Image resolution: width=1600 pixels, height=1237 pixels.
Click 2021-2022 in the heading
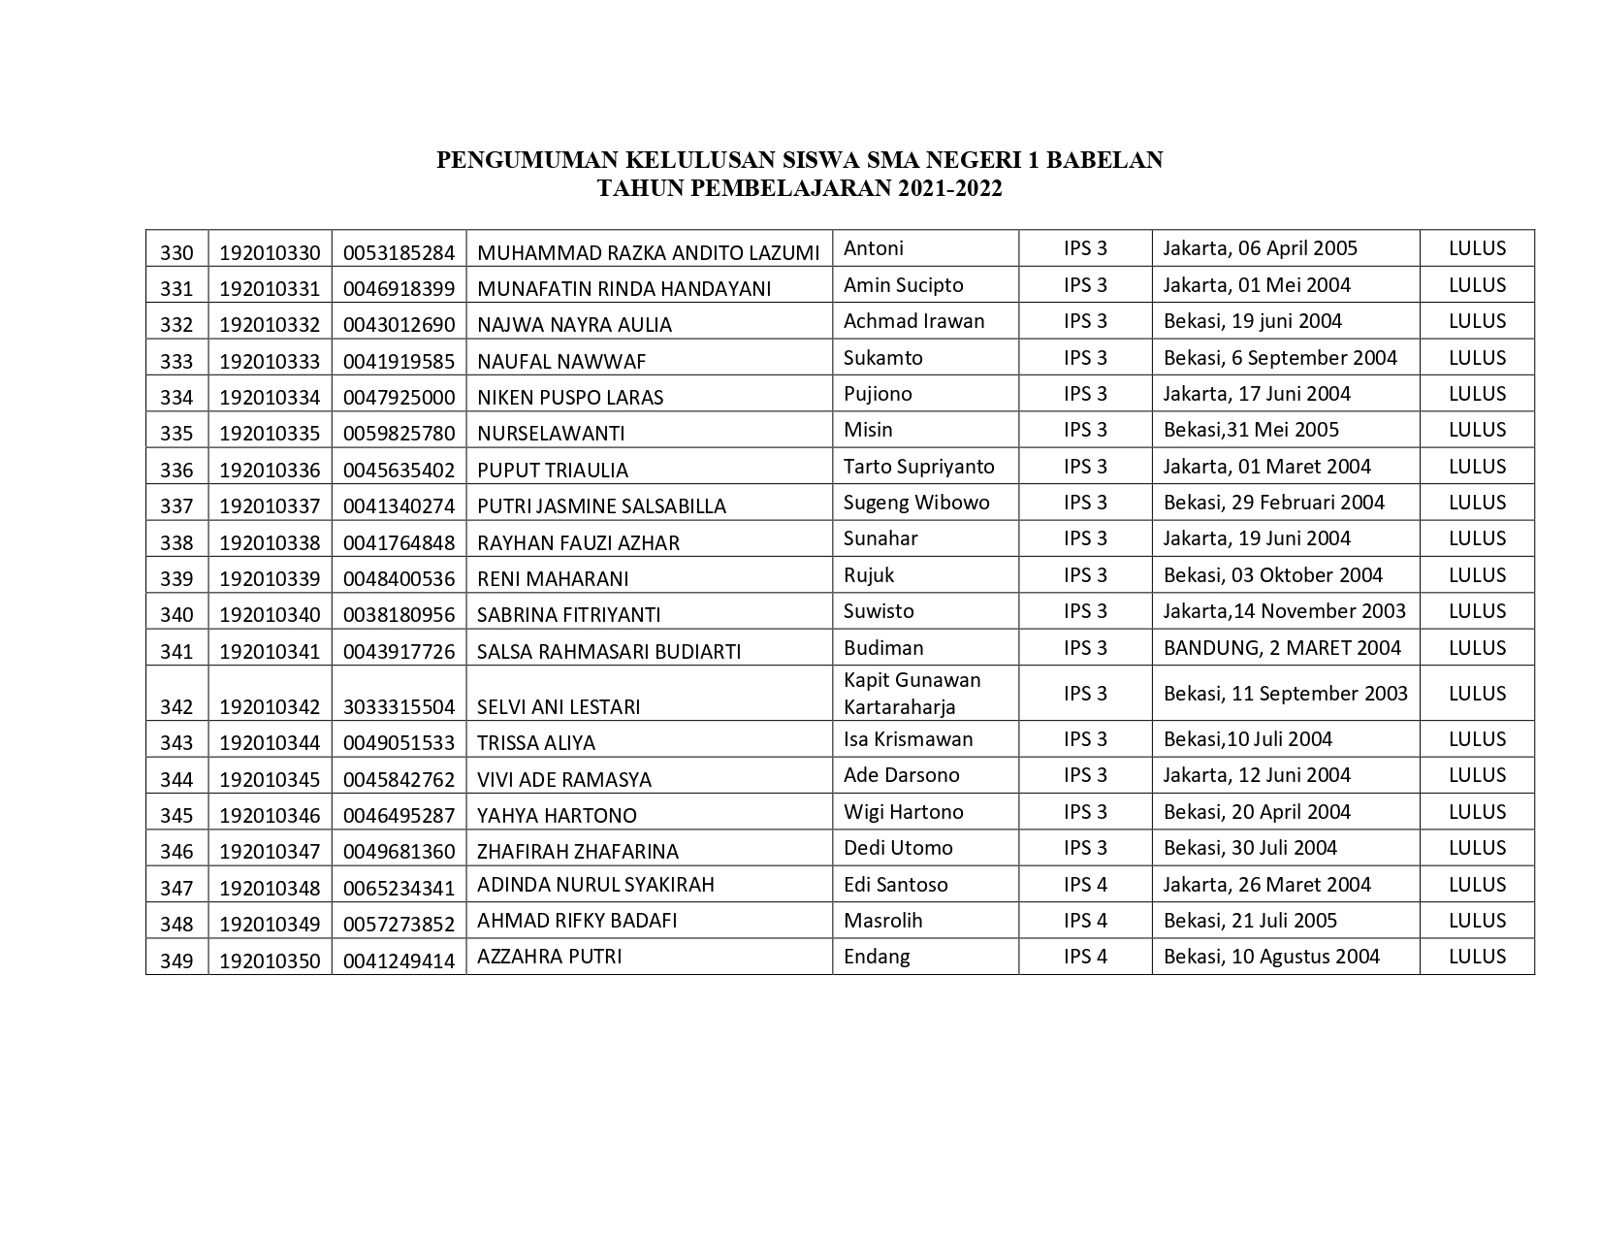tap(949, 188)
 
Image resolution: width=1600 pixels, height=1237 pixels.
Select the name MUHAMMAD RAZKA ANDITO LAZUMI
tap(648, 253)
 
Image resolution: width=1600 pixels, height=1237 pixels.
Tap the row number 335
tap(176, 434)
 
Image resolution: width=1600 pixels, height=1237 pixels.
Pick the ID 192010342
tap(270, 707)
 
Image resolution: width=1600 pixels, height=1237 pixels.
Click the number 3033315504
tap(399, 707)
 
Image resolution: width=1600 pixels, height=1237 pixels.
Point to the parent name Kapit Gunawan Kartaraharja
tap(912, 694)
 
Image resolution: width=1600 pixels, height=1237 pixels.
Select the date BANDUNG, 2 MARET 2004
tap(1282, 648)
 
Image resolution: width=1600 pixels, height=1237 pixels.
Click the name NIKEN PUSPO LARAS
tap(570, 398)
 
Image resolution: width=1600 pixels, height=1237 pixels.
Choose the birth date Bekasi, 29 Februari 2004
tap(1274, 503)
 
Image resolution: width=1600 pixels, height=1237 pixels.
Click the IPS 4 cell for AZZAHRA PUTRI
tap(1085, 957)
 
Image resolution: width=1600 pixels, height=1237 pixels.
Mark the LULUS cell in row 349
tap(1477, 957)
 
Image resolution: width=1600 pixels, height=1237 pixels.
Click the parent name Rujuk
tap(869, 575)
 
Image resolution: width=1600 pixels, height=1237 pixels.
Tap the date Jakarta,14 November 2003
tap(1284, 611)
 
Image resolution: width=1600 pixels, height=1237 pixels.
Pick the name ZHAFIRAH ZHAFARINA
tap(577, 852)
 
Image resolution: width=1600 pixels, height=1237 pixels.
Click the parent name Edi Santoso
tap(895, 885)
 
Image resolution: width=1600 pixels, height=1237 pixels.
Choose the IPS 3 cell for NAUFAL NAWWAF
tap(1085, 358)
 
